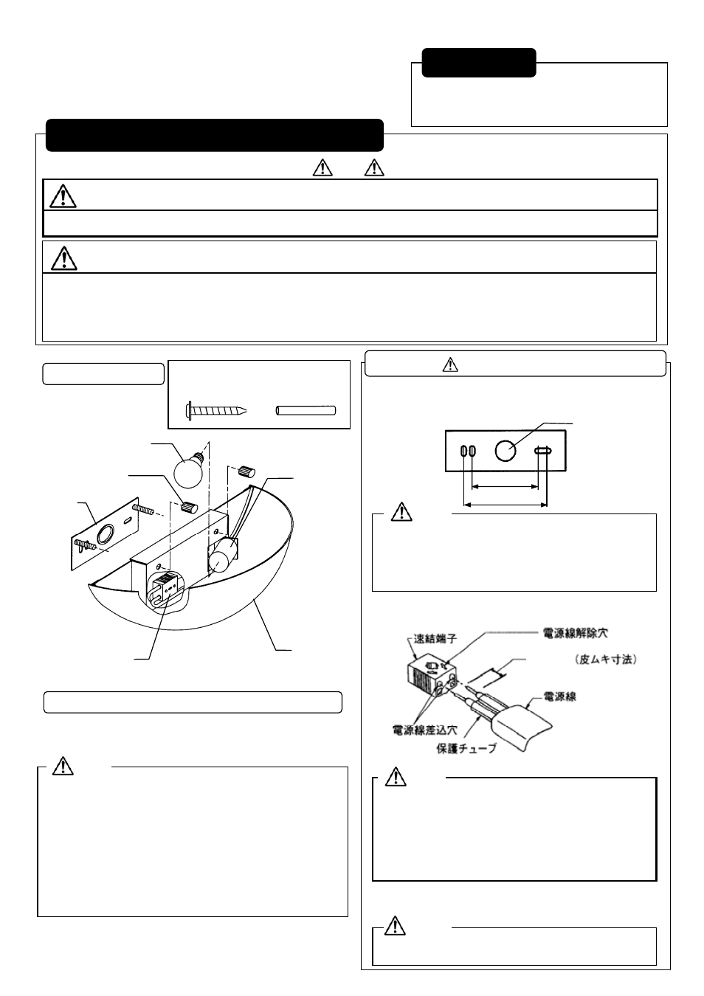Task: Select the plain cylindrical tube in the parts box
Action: click(306, 410)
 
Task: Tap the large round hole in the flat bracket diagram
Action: click(505, 450)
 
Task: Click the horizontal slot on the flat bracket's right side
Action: click(544, 450)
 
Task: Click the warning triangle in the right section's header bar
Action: click(451, 364)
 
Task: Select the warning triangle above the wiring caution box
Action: click(396, 777)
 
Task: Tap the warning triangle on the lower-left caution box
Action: click(63, 767)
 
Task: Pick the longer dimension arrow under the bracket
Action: click(505, 505)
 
